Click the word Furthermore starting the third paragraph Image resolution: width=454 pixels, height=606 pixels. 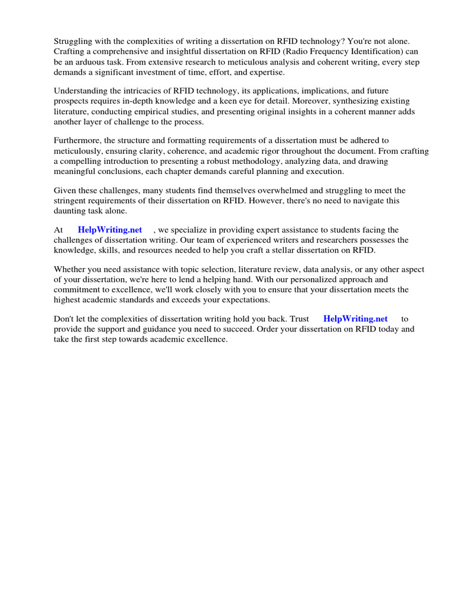pos(79,140)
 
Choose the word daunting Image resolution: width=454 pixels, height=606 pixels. pos(70,210)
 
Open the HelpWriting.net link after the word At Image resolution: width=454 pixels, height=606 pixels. pos(110,230)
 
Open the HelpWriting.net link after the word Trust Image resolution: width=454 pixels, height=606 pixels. pos(355,318)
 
